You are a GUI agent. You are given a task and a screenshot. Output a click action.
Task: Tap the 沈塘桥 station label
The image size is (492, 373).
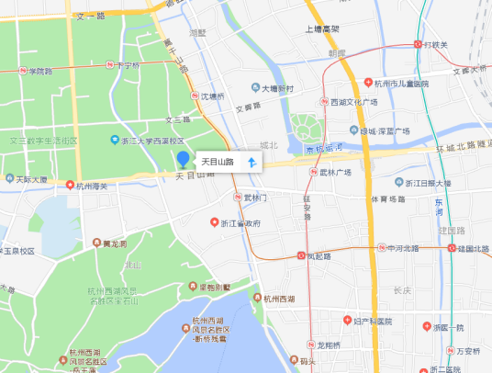pyautogui.click(x=212, y=96)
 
